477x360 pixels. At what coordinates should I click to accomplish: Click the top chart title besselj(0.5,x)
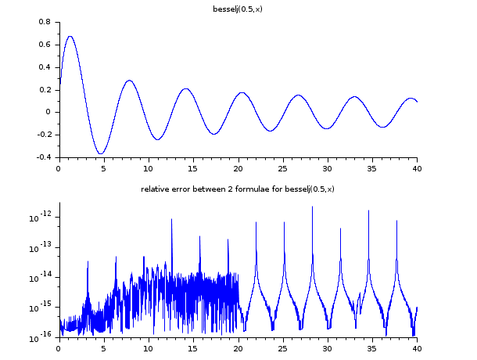coord(237,9)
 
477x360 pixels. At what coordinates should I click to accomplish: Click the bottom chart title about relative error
coord(237,189)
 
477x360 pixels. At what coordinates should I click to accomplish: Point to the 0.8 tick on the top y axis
coord(45,22)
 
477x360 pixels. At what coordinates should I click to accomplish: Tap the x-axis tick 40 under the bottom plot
coord(417,348)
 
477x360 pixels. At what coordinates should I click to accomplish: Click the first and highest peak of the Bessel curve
coord(70,36)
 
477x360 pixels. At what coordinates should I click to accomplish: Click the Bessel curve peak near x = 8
coord(129,80)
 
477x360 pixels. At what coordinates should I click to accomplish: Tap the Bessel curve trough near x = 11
coord(158,139)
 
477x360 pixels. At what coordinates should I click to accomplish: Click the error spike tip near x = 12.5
coord(171,219)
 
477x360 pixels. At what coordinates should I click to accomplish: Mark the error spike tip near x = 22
coord(256,222)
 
